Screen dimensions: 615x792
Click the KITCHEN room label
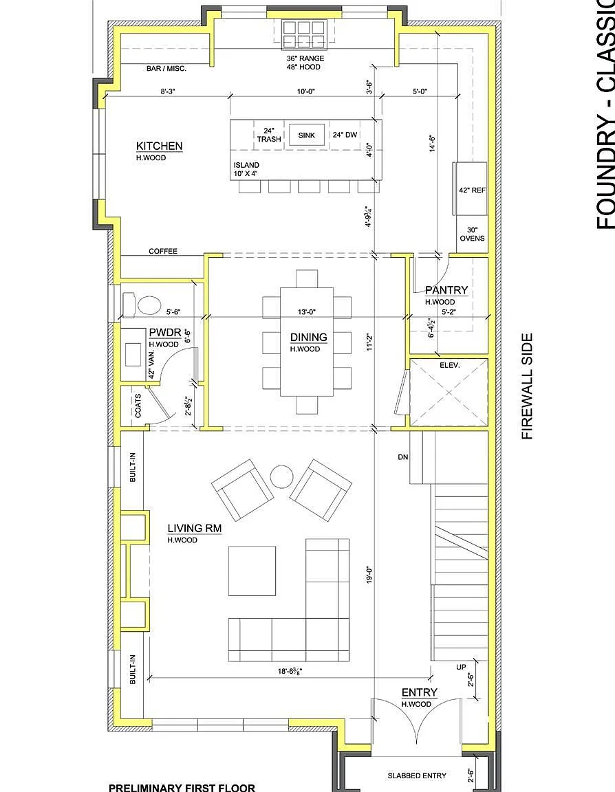point(159,146)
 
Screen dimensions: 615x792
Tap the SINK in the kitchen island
point(306,135)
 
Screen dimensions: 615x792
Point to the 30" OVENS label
point(472,234)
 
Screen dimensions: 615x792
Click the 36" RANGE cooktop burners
point(303,34)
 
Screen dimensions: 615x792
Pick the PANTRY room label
point(446,290)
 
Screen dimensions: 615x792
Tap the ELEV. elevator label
point(449,364)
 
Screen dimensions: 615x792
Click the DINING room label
point(308,337)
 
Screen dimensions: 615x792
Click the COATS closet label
point(138,406)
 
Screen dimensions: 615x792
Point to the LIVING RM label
point(195,528)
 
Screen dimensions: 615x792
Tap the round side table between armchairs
point(281,476)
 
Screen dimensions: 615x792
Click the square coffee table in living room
point(252,571)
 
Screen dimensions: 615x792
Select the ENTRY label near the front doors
point(420,692)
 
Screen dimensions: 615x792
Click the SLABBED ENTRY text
point(417,775)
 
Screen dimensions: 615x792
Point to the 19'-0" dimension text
point(369,576)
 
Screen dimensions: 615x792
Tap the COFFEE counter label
point(163,251)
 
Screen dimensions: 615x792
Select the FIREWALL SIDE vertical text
point(527,386)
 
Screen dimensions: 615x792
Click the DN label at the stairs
point(402,457)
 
